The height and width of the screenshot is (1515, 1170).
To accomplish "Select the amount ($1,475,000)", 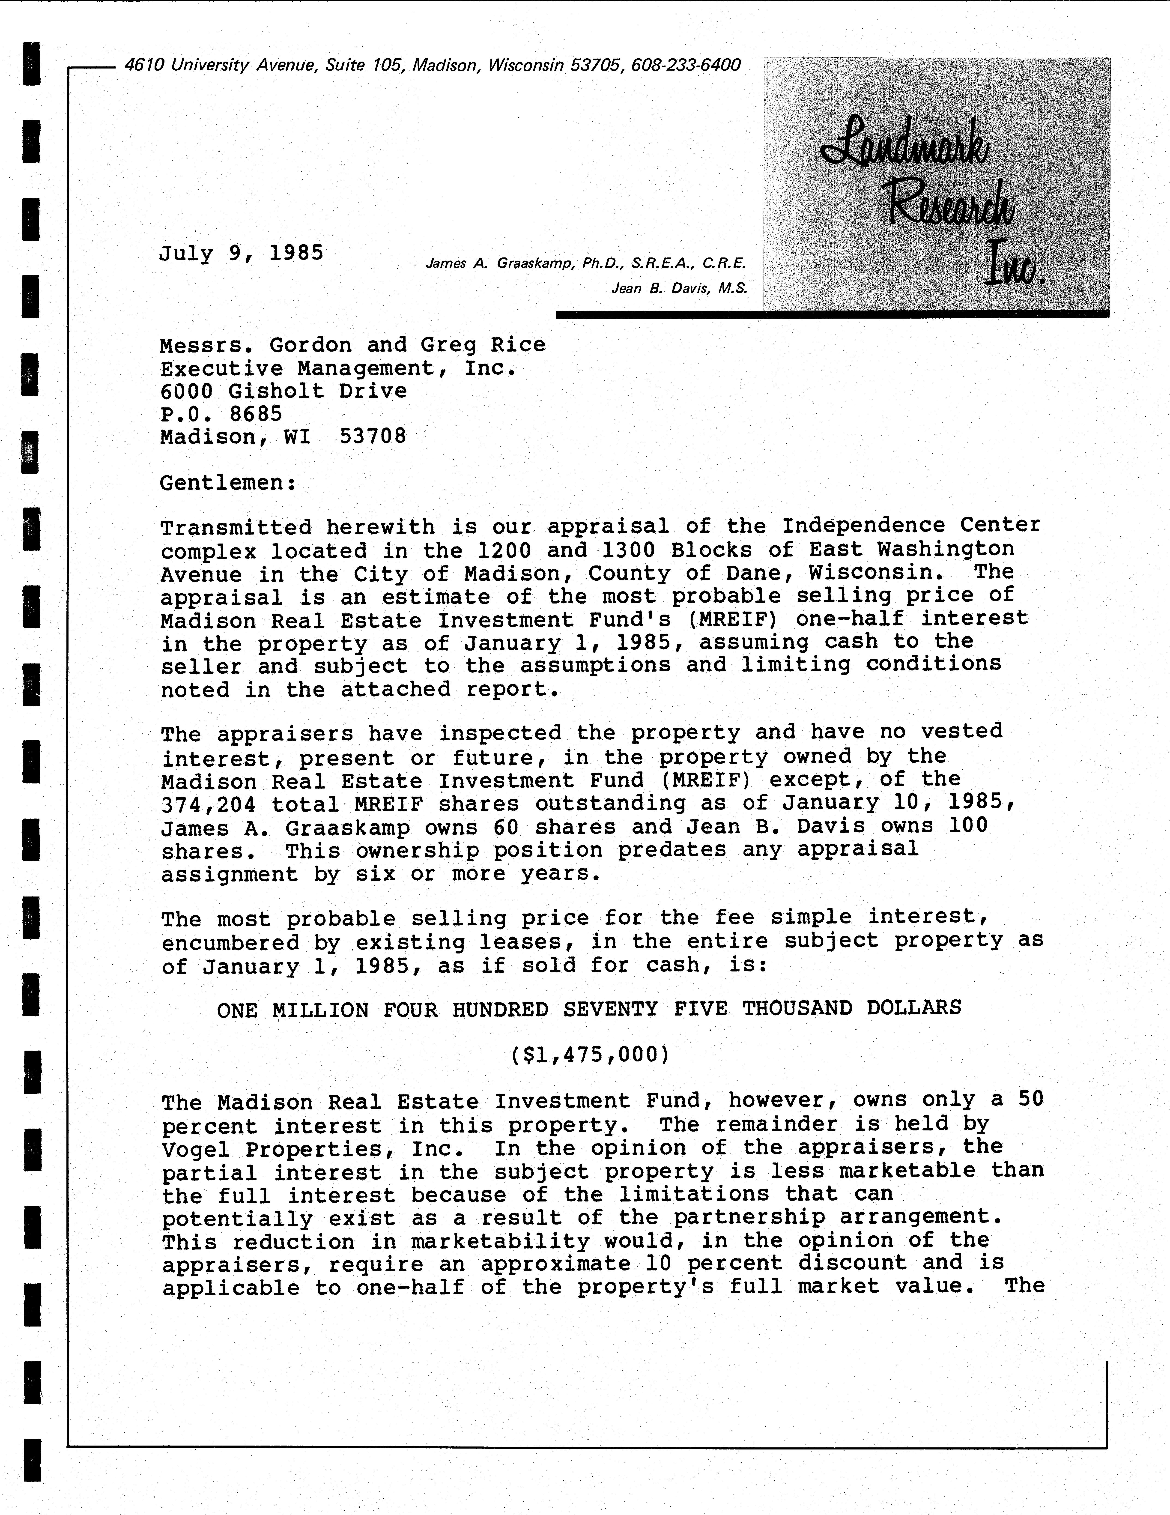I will click(x=590, y=1055).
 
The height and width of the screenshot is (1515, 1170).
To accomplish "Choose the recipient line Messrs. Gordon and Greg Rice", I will click(x=352, y=345).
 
